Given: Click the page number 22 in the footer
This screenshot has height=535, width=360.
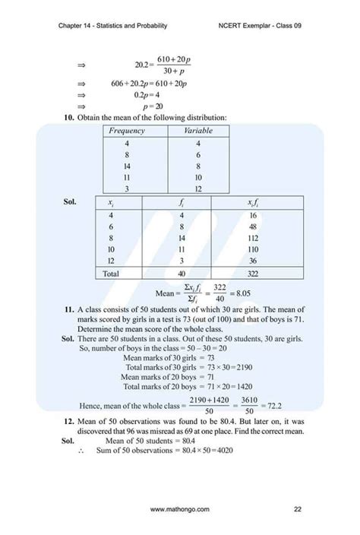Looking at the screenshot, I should coord(298,508).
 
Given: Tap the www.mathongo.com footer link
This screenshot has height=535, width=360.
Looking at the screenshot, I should coord(180,508).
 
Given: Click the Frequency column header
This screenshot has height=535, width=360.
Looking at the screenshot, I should coord(127,131).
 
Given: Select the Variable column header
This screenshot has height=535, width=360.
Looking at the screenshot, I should coord(197,131).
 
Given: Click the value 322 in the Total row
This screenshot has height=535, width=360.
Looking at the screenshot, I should coord(254,273).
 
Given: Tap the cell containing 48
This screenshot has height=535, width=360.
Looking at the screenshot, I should coord(254,226).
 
